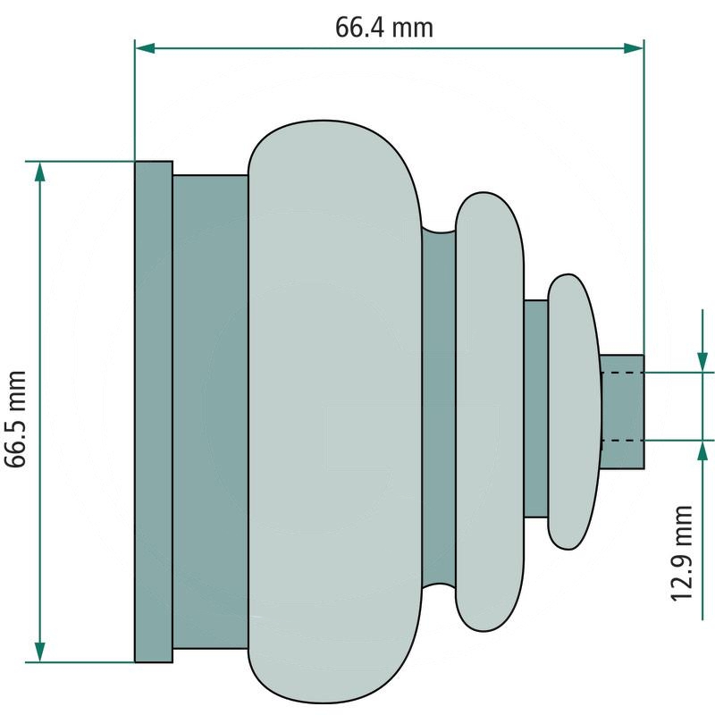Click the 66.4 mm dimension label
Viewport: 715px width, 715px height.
click(384, 28)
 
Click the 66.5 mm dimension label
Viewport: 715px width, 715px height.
click(15, 419)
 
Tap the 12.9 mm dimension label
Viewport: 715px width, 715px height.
click(682, 553)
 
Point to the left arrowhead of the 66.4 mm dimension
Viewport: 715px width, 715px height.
click(145, 48)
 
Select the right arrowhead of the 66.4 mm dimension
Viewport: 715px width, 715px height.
click(634, 48)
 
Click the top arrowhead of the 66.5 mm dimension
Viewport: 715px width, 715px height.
click(40, 172)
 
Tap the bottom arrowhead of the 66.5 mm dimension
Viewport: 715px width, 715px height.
click(40, 652)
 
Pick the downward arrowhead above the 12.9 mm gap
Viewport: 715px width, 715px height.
click(702, 362)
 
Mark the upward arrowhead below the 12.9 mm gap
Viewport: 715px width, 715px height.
click(702, 451)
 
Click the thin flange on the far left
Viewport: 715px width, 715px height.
click(154, 411)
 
